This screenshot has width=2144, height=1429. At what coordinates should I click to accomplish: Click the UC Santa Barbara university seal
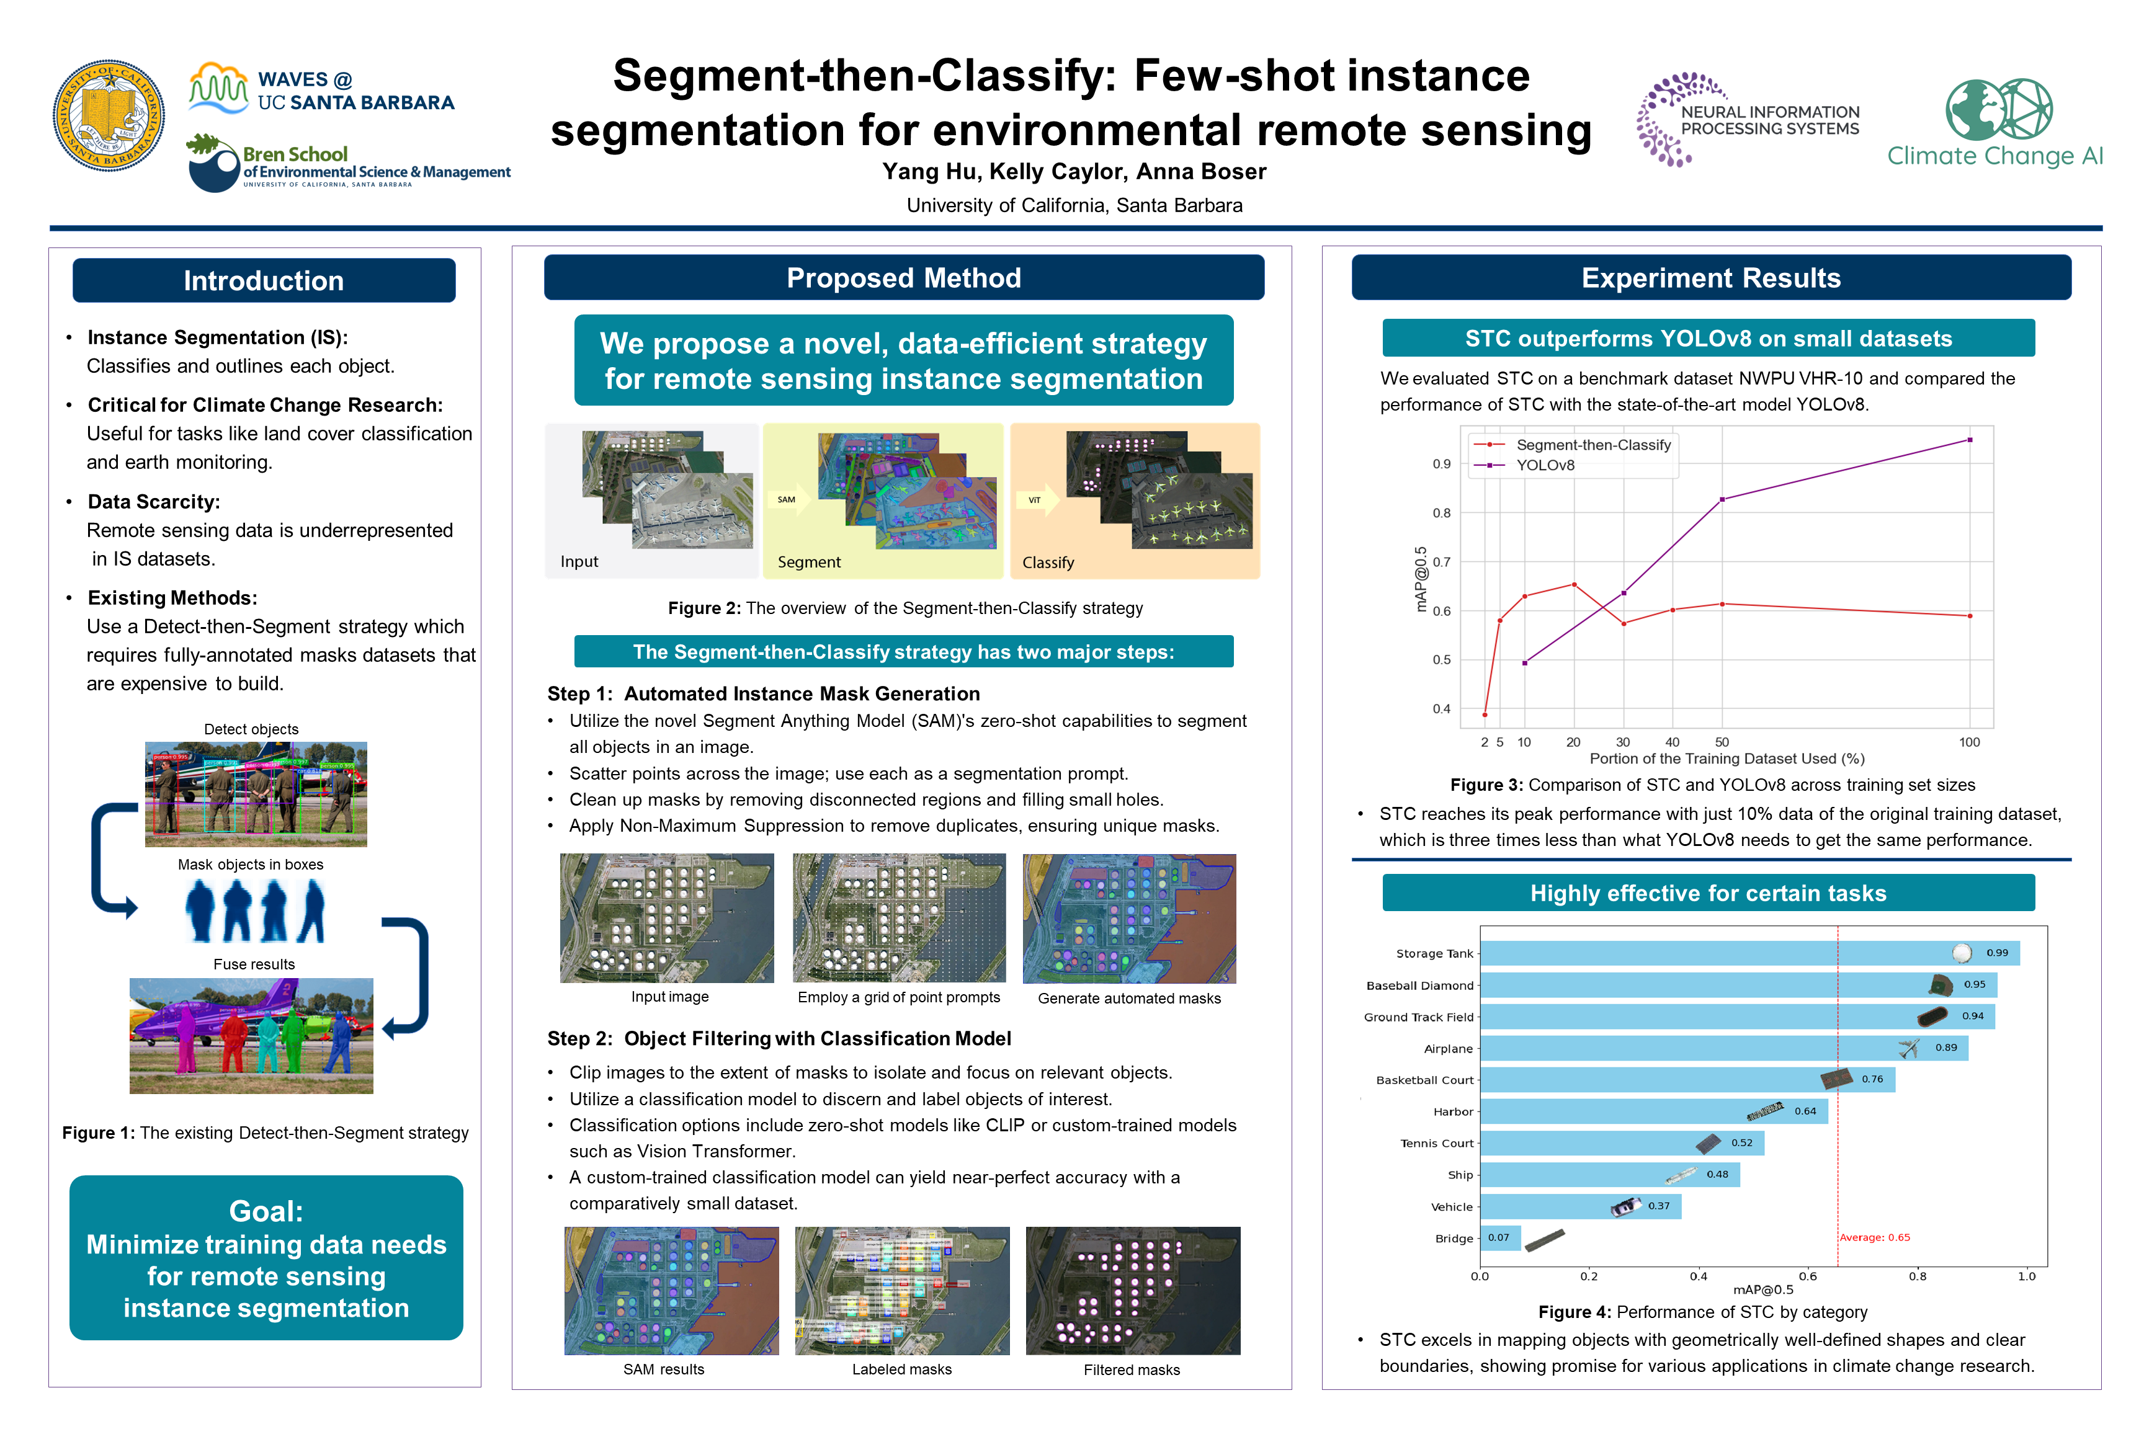109,116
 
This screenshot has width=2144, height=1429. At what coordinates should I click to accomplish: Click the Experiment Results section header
1710,278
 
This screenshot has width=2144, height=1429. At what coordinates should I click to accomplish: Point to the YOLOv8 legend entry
1544,465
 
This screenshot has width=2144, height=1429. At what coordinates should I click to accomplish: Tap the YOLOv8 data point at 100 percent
1970,440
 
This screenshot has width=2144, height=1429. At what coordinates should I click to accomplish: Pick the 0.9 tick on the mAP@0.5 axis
1441,464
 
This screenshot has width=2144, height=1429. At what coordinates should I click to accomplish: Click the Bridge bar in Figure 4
1499,1237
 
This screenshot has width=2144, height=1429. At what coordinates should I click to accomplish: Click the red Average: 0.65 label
1874,1237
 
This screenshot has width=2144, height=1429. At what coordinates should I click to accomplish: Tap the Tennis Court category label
1437,1143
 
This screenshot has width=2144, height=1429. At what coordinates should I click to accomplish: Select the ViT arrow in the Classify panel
1037,499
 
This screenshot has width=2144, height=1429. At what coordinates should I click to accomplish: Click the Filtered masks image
1132,1291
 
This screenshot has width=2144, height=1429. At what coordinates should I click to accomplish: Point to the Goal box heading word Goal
266,1211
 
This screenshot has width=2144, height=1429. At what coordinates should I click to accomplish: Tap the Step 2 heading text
779,1039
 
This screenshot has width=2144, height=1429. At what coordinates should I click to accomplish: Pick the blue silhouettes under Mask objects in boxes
254,911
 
